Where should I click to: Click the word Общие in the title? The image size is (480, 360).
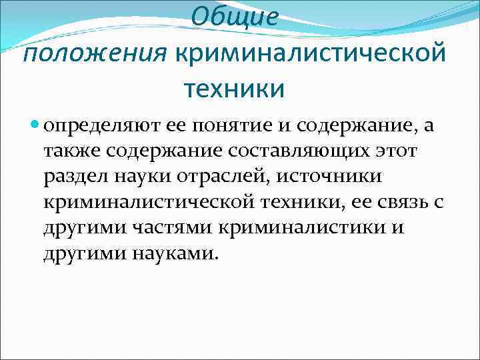pyautogui.click(x=233, y=18)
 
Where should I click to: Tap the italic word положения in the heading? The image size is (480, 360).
pyautogui.click(x=94, y=52)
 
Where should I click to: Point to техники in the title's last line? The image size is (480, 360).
pyautogui.click(x=233, y=87)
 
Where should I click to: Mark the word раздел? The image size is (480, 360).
pyautogui.click(x=74, y=178)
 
